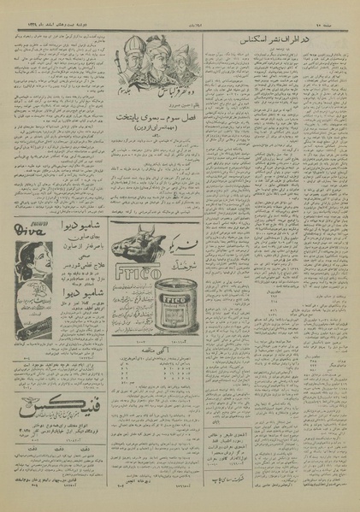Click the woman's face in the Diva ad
32,256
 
